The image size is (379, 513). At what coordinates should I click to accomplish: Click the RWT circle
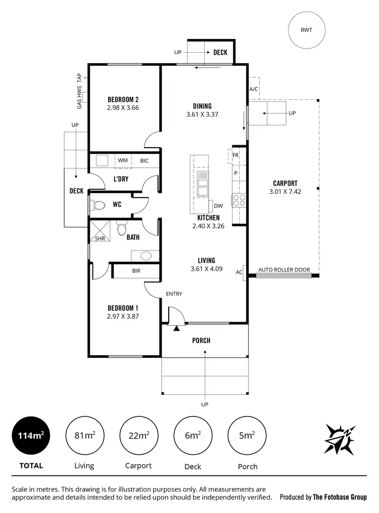307,30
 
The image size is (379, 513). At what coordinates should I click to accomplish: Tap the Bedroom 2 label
123,99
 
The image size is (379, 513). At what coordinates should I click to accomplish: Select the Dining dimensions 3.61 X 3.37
202,115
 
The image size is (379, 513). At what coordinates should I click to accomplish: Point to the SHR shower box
100,233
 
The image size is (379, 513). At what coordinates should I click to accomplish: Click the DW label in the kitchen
218,206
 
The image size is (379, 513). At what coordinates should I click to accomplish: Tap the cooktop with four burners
239,200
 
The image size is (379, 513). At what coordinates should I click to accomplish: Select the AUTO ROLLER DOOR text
284,270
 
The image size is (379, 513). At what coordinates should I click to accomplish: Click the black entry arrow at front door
176,329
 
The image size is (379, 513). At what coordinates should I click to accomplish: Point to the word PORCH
201,340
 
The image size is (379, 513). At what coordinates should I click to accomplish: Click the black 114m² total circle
31,435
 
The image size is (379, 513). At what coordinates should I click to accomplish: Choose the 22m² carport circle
138,435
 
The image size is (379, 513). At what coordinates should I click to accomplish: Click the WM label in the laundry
123,161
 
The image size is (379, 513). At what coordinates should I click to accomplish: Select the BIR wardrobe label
136,271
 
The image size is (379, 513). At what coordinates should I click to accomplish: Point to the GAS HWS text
79,97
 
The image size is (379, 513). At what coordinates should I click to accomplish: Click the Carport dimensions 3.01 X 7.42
285,192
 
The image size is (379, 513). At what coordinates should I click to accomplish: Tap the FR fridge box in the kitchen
235,155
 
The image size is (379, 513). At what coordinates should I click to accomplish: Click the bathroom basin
145,255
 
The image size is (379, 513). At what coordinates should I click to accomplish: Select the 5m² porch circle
247,435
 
